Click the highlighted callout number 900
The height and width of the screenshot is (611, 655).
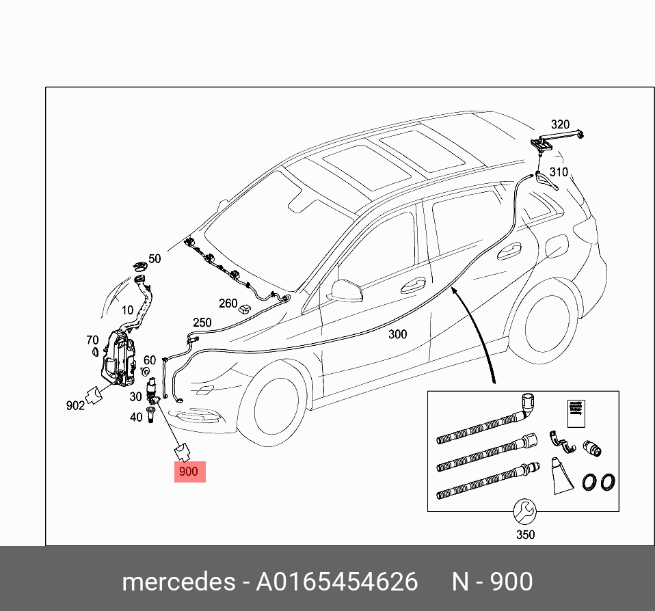coord(188,472)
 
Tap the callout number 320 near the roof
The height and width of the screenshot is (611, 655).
coord(560,124)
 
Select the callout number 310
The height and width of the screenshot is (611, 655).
coord(559,172)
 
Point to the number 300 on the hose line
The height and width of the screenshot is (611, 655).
coord(397,334)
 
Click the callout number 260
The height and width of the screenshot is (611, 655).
coord(228,303)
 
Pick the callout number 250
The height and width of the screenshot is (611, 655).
coord(202,323)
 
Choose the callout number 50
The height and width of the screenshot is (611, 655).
coord(155,259)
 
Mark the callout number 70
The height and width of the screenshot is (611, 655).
coord(92,340)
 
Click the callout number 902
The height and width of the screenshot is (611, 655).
coord(75,405)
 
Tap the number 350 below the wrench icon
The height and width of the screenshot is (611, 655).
coord(525,534)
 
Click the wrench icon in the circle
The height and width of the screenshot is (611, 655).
coord(525,510)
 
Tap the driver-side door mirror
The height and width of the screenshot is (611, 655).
coord(345,288)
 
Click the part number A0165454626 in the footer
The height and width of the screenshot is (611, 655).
coord(336,582)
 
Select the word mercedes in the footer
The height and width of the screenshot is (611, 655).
coord(177,582)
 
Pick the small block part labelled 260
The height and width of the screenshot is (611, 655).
coord(244,309)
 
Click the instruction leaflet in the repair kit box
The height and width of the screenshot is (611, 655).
coord(576,412)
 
